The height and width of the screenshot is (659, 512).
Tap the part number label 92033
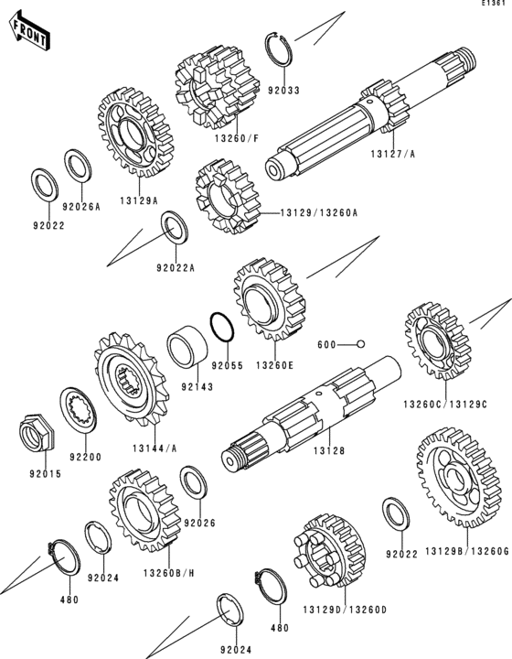pyautogui.click(x=284, y=90)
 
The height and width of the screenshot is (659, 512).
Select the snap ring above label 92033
pyautogui.click(x=278, y=49)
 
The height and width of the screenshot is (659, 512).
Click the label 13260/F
pyautogui.click(x=237, y=138)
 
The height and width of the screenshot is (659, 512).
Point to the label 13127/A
pyautogui.click(x=393, y=154)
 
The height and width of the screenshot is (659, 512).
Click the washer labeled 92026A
pyautogui.click(x=78, y=166)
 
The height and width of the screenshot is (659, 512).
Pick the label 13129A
pyautogui.click(x=139, y=200)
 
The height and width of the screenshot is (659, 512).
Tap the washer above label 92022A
pyautogui.click(x=175, y=227)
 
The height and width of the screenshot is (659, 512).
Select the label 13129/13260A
pyautogui.click(x=319, y=213)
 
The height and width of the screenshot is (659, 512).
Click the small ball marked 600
pyautogui.click(x=360, y=344)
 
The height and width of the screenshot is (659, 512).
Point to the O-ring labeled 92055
pyautogui.click(x=221, y=327)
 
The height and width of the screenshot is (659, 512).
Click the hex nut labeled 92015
pyautogui.click(x=37, y=432)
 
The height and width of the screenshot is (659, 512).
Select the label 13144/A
pyautogui.click(x=155, y=448)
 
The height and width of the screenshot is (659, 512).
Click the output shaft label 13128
pyautogui.click(x=329, y=450)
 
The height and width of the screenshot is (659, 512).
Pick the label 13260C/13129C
pyautogui.click(x=445, y=405)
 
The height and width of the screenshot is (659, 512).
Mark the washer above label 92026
pyautogui.click(x=193, y=482)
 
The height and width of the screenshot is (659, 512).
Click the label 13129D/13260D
pyautogui.click(x=345, y=610)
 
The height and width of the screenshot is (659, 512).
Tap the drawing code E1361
pyautogui.click(x=493, y=3)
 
